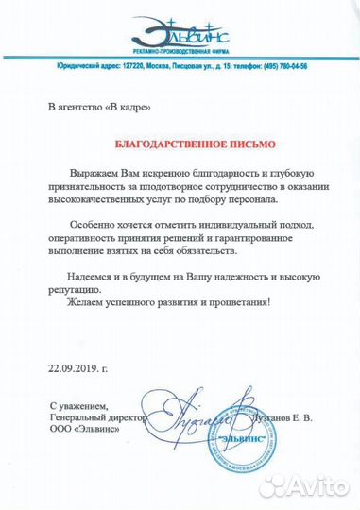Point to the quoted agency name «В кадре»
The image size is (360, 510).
(126, 108)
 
